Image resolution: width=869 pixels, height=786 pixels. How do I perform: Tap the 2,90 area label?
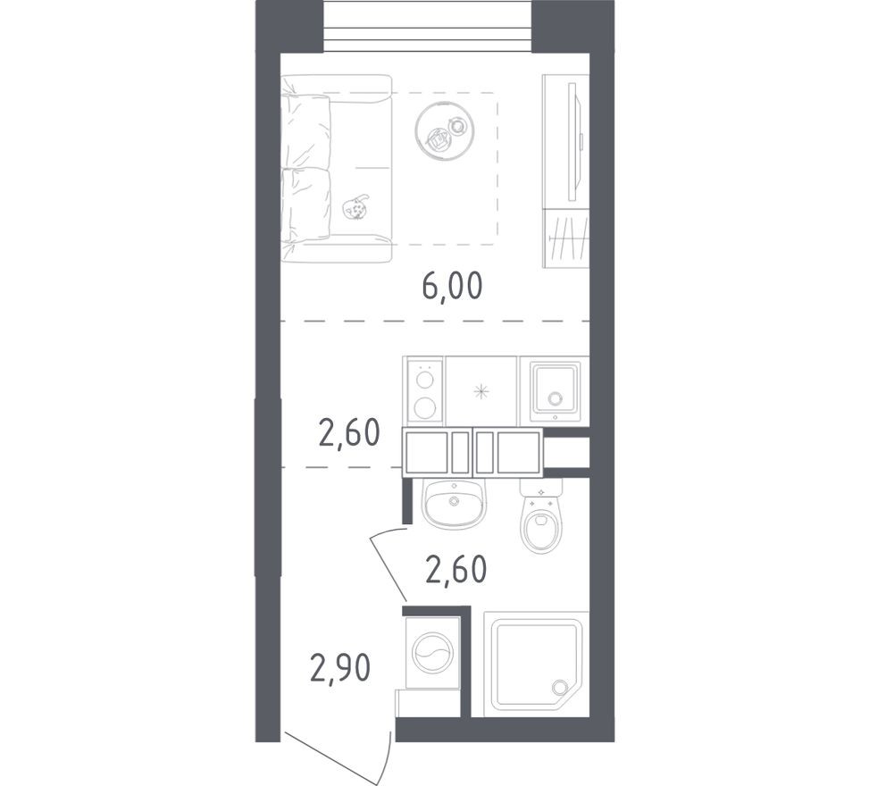pos(340,665)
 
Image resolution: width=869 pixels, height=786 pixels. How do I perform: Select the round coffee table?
pos(443,130)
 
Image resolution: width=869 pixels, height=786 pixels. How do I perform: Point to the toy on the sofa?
pos(356,207)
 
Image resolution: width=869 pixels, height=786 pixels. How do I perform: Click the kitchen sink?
pos(556,391)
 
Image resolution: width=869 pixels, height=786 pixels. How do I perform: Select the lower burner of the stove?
pos(425,408)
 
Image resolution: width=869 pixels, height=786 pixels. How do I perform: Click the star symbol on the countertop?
pos(481,390)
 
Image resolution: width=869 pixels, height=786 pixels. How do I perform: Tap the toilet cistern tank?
pos(541,488)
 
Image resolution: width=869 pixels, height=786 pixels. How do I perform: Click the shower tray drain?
pos(560,688)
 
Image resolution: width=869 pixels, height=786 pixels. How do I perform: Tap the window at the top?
pos(427,28)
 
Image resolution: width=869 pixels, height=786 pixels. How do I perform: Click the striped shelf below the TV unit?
pos(566,237)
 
